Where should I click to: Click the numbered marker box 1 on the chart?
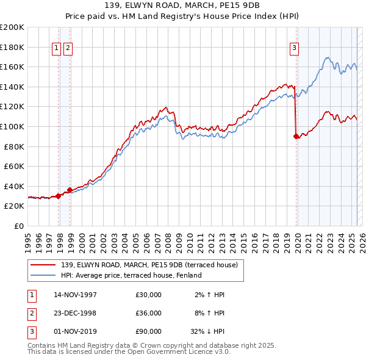click(x=56, y=49)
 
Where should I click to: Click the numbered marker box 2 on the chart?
click(x=68, y=49)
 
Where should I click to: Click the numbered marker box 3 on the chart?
click(x=294, y=49)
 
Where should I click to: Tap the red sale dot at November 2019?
click(x=296, y=137)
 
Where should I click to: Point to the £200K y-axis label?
click(x=12, y=27)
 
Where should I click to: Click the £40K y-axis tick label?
click(x=14, y=186)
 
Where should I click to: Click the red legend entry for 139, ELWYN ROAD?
click(x=152, y=265)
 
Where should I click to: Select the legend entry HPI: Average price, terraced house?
click(x=131, y=275)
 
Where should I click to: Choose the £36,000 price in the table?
click(x=149, y=313)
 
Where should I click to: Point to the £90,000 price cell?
click(x=149, y=331)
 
